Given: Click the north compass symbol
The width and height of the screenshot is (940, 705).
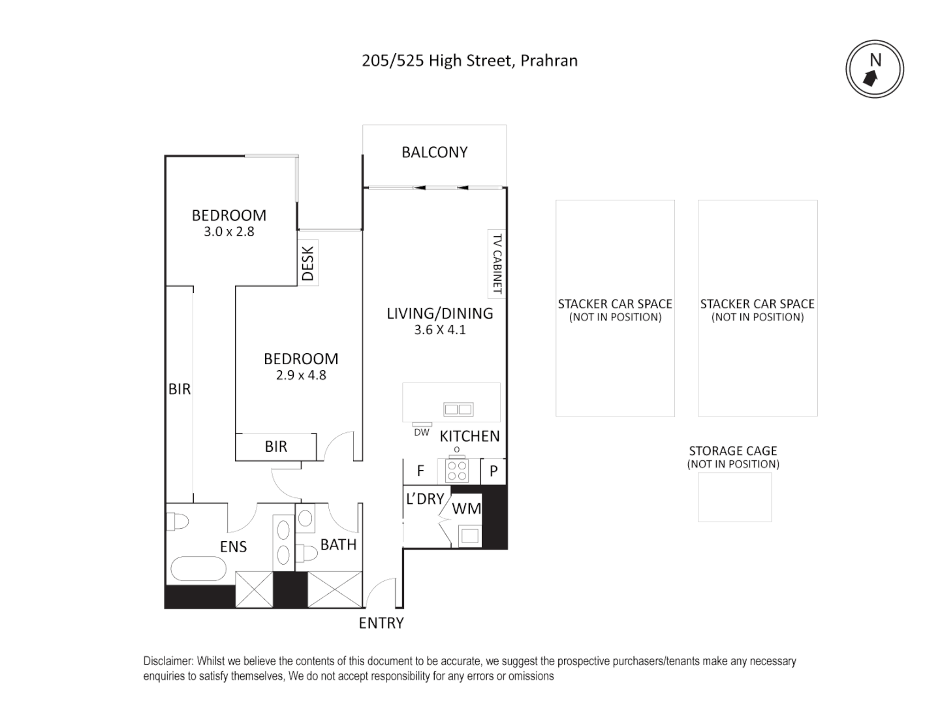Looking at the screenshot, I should pos(875,70).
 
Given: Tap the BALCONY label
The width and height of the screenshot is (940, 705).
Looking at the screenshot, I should pos(434,152).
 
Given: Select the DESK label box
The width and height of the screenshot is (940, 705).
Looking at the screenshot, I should pos(308,262).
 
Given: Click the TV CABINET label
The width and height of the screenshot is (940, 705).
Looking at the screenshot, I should pos(497,264).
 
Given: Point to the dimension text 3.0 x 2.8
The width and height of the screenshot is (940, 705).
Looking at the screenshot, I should pos(228,232).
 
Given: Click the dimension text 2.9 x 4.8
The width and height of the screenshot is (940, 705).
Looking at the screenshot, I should pos(300,375).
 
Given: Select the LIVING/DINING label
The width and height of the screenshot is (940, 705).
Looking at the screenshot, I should pos(439,313).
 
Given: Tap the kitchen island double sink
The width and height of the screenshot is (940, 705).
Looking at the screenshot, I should pos(458,409).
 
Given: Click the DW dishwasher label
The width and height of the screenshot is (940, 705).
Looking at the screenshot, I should pos(422,432).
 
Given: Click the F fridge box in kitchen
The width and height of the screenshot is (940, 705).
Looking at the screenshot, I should pos(421,471).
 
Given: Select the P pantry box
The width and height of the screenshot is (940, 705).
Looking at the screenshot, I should pos(493,471).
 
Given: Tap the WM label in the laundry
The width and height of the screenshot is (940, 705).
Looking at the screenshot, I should pos(466,509).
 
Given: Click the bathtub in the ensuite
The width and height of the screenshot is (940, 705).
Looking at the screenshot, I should pos(199,569).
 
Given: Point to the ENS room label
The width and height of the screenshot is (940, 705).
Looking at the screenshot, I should pos(233,546).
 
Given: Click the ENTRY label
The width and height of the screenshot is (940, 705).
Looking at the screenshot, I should pos(381,623).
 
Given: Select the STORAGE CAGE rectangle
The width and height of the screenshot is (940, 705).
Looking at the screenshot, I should pos(734,497).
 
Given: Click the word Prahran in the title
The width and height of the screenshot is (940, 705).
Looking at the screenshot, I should pos(549,61).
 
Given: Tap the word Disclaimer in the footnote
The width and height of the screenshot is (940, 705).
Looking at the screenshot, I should pos(168,661).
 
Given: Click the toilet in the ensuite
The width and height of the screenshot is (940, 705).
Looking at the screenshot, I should pos(177,522).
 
